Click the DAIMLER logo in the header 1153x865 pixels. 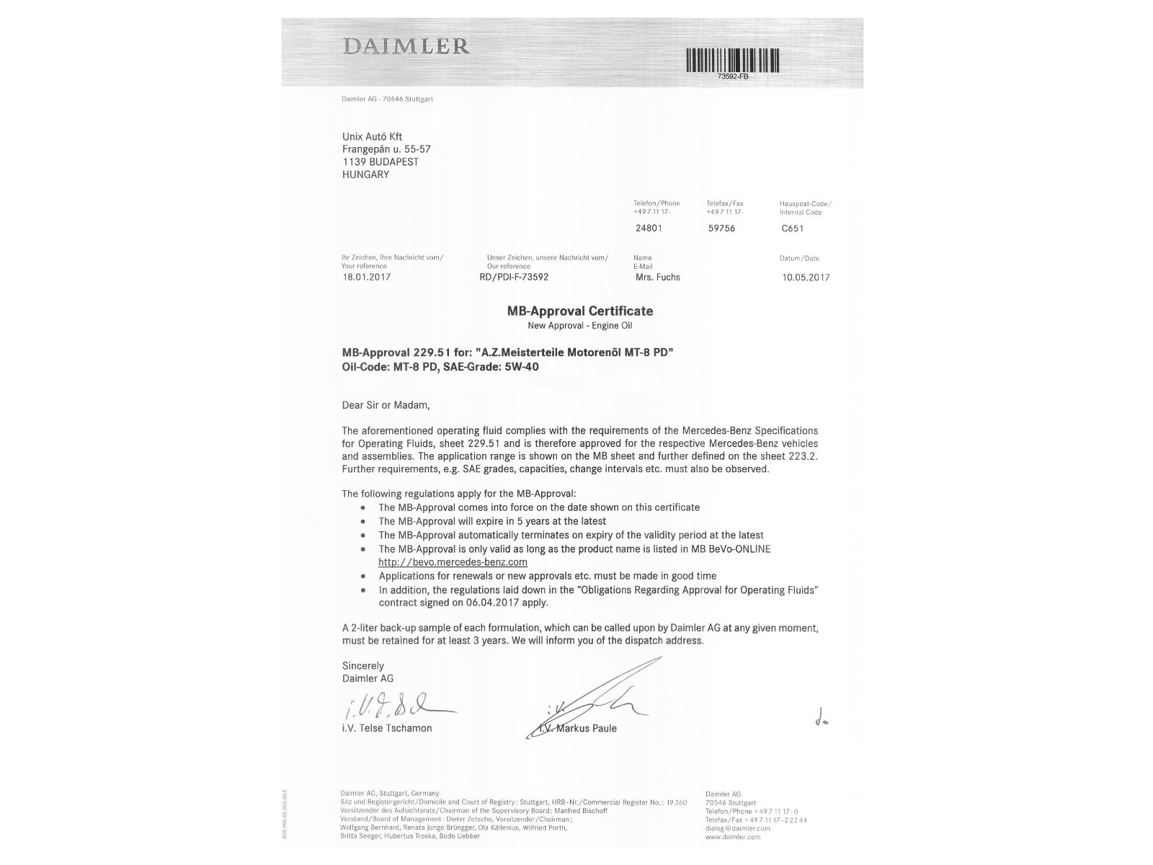[x=406, y=47]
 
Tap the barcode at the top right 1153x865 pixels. [x=732, y=60]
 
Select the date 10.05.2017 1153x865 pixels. [x=806, y=278]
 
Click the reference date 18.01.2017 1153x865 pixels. [x=366, y=277]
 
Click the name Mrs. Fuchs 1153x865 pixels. [x=657, y=277]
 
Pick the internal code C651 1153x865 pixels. [x=792, y=229]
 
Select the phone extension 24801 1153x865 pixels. [x=648, y=228]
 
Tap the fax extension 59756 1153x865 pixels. [x=721, y=228]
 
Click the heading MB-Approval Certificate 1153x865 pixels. [x=580, y=311]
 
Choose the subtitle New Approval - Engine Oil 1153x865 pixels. [x=580, y=326]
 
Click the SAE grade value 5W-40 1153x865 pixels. [x=522, y=366]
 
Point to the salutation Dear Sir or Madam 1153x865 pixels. [x=386, y=405]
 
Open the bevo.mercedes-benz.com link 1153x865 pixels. [x=453, y=562]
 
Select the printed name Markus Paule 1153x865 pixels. [x=587, y=728]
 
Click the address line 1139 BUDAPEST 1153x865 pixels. [x=380, y=162]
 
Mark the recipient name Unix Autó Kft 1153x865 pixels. [x=372, y=137]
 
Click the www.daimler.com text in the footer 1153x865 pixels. [x=734, y=837]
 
